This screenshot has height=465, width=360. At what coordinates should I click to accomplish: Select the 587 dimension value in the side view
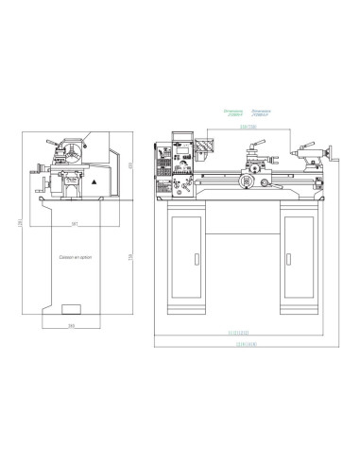point(74,223)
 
